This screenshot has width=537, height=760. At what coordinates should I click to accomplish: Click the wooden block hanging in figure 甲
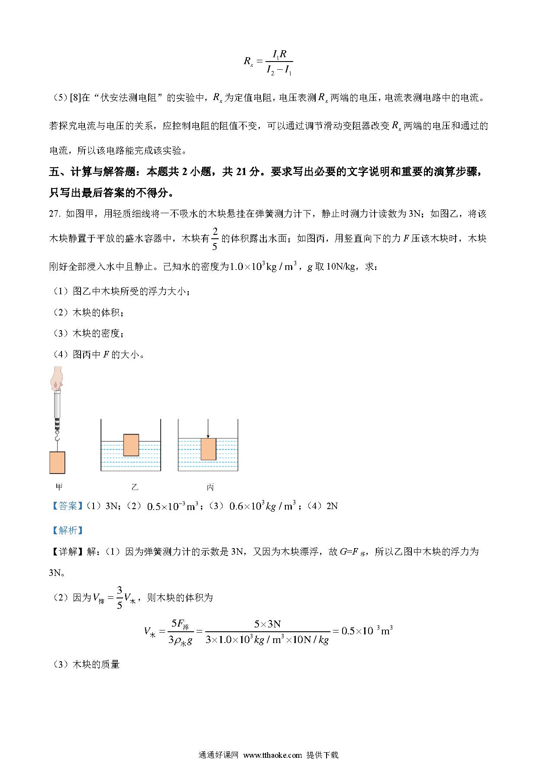point(57,462)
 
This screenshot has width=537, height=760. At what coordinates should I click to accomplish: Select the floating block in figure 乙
point(131,445)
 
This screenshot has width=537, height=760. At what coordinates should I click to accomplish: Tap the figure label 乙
point(135,487)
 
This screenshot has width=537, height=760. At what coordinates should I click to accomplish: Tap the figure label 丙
point(210,487)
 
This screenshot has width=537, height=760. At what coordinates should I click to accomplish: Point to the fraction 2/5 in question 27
point(215,239)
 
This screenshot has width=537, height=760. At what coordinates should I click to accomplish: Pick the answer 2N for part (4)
point(332,506)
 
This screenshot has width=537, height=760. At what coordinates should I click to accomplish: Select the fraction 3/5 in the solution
point(120,598)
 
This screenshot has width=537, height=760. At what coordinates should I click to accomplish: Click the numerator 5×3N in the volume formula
point(267,624)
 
